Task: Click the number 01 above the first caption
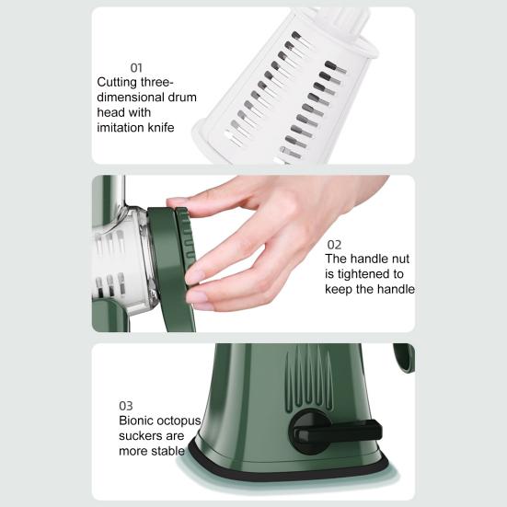click(x=136, y=68)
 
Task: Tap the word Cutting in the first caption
click(x=117, y=83)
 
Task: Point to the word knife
click(x=161, y=127)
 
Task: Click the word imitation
click(x=121, y=128)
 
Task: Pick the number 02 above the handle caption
click(x=334, y=245)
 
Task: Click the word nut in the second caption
click(x=401, y=259)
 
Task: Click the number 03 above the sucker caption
click(x=126, y=406)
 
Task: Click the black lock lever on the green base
click(x=337, y=431)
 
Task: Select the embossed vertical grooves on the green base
click(x=309, y=376)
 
